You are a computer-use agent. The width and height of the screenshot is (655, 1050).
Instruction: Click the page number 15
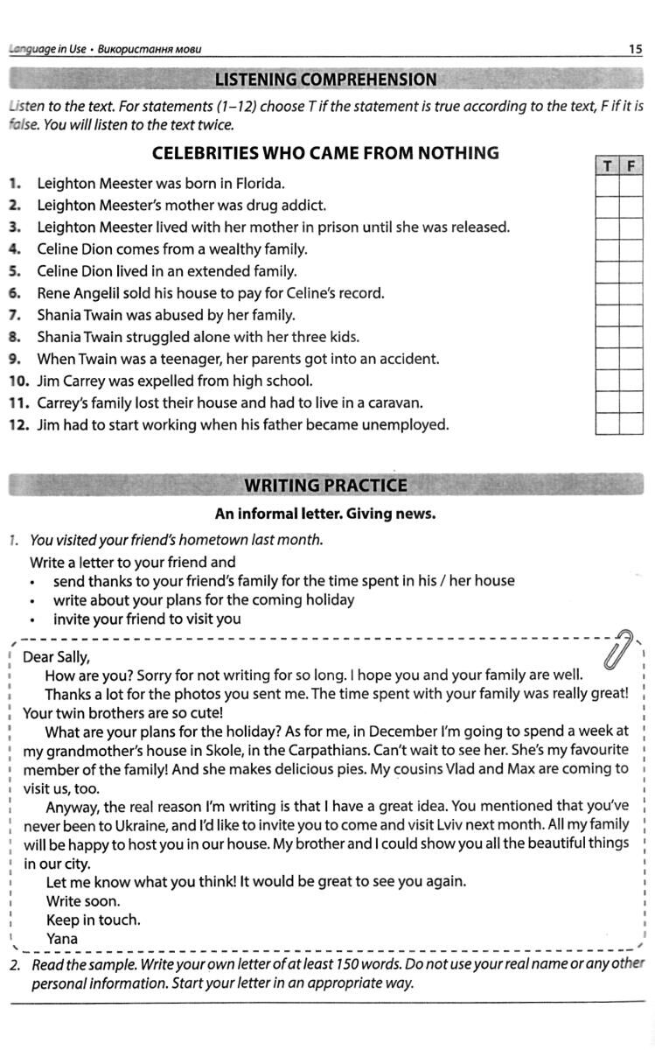(636, 49)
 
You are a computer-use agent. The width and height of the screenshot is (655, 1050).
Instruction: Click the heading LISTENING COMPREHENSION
(325, 80)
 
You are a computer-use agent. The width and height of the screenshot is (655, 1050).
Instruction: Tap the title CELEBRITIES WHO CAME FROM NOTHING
(325, 153)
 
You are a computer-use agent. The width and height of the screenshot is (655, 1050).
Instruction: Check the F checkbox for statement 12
(631, 424)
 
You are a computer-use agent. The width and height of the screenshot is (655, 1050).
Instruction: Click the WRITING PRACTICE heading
(325, 486)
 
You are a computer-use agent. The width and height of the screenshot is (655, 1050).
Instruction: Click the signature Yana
(62, 939)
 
